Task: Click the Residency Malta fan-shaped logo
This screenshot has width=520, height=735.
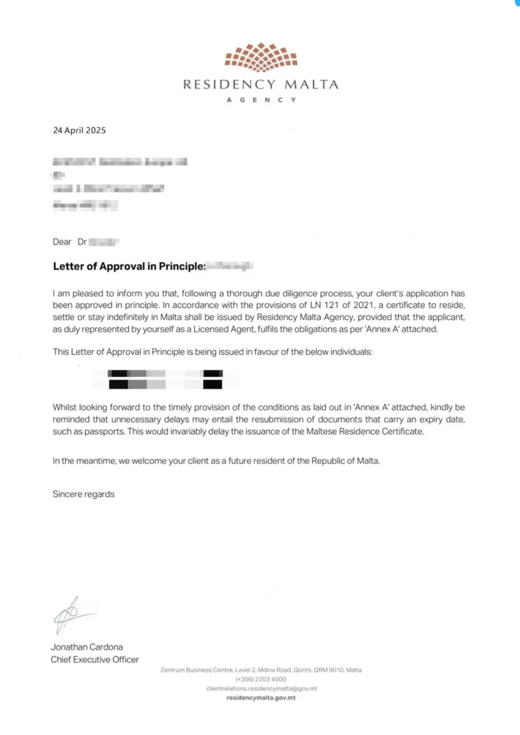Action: pyautogui.click(x=261, y=57)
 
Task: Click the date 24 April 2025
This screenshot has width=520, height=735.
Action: pyautogui.click(x=79, y=130)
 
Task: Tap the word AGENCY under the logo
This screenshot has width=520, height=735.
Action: pyautogui.click(x=261, y=100)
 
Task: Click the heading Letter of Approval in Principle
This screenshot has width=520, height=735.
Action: pyautogui.click(x=129, y=266)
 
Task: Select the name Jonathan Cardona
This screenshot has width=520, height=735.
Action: pyautogui.click(x=87, y=647)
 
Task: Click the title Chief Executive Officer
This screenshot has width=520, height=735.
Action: pyautogui.click(x=94, y=659)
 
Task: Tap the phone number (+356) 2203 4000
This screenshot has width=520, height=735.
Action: pyautogui.click(x=261, y=679)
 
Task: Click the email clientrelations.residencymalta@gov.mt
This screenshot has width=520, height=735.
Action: pyautogui.click(x=261, y=689)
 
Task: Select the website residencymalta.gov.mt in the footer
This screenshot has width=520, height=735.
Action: pyautogui.click(x=261, y=698)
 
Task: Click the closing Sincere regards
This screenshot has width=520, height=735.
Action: pyautogui.click(x=84, y=494)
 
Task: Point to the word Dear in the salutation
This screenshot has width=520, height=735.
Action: pyautogui.click(x=62, y=242)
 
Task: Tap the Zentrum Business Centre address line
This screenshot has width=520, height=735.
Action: pyautogui.click(x=261, y=670)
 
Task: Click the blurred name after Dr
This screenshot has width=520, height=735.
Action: pyautogui.click(x=104, y=242)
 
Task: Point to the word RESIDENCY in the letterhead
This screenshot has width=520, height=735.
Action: pyautogui.click(x=229, y=85)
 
